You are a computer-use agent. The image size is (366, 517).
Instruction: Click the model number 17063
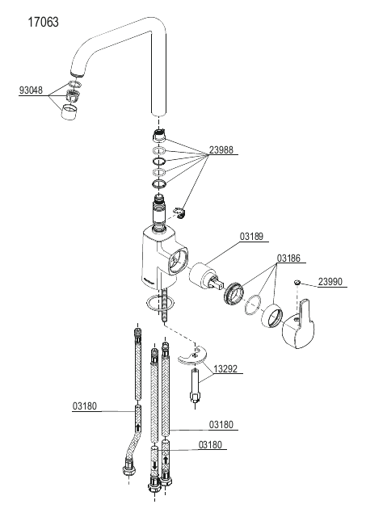coord(43,22)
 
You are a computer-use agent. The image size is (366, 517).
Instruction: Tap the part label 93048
coord(31,90)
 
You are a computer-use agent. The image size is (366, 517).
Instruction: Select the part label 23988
coord(221,150)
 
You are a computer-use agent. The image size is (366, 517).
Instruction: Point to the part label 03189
coord(251,237)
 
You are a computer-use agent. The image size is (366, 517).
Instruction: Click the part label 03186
coord(288,258)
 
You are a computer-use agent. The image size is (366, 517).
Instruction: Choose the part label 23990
coord(330,282)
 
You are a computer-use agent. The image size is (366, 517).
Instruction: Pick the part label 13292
coord(225,368)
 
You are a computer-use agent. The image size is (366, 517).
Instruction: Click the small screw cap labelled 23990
coord(297,282)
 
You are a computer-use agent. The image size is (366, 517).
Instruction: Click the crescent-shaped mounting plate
coord(194,356)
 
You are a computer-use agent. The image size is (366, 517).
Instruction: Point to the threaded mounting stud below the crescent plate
coord(195,385)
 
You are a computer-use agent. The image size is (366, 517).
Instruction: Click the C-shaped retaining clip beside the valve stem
coord(180,212)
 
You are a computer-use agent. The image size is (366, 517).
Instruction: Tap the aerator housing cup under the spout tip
coord(69,111)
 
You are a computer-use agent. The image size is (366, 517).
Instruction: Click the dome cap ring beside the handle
coord(272,316)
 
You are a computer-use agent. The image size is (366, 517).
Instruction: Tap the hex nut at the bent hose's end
coord(128,470)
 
